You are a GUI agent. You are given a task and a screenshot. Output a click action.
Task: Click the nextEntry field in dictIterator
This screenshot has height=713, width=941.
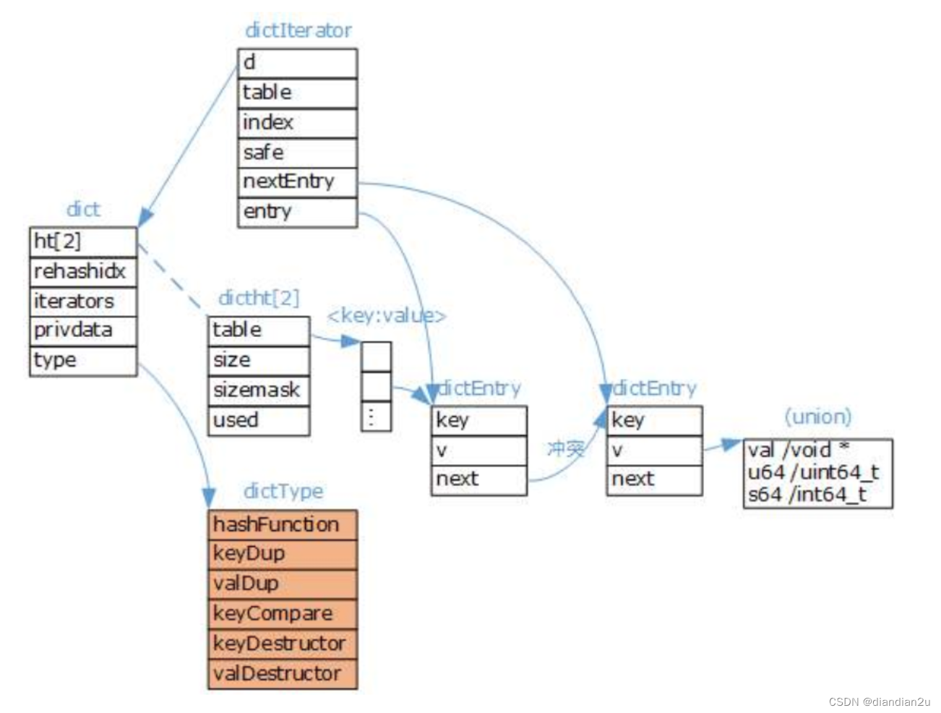(297, 182)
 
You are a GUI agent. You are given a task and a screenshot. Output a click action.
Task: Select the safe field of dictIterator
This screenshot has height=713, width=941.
(297, 153)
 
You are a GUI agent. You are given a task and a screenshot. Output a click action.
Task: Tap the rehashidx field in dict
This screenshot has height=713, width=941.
(83, 272)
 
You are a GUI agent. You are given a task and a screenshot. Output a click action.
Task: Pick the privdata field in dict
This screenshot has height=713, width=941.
(83, 330)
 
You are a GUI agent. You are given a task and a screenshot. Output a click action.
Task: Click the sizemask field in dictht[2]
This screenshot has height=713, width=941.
(259, 390)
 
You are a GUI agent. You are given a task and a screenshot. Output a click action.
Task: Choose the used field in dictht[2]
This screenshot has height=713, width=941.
(259, 420)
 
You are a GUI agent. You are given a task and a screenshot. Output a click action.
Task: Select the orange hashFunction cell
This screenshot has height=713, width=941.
(283, 524)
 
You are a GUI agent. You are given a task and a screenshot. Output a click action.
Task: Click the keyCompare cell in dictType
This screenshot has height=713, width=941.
(283, 614)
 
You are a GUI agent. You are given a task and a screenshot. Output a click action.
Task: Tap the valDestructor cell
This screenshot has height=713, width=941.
(283, 674)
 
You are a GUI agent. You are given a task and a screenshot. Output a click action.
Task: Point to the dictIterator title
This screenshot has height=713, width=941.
(298, 30)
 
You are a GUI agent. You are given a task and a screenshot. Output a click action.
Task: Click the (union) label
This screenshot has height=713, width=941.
(817, 417)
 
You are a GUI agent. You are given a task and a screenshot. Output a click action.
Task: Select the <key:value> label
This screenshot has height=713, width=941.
(387, 316)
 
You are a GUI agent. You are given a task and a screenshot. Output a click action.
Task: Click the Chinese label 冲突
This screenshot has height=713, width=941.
(566, 450)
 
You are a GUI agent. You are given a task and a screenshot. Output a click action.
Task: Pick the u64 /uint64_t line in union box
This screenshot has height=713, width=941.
(814, 473)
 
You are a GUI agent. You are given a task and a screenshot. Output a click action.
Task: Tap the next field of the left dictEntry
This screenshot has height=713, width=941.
(478, 479)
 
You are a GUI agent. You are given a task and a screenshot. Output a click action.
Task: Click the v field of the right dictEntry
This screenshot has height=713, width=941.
(654, 451)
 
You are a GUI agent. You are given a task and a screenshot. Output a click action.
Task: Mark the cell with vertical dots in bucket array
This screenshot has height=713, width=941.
(376, 417)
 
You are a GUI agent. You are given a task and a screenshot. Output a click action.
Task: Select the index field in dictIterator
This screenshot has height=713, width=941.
(297, 123)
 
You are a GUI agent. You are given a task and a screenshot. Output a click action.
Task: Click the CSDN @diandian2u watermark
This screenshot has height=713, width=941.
(879, 701)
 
